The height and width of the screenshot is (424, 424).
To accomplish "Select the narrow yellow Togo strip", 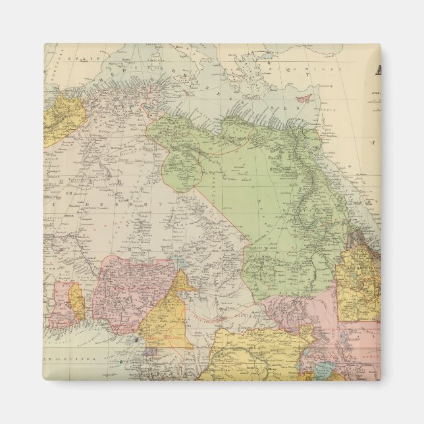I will [x=78, y=301].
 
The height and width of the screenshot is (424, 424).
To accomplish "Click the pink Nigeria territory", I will [x=125, y=290].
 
